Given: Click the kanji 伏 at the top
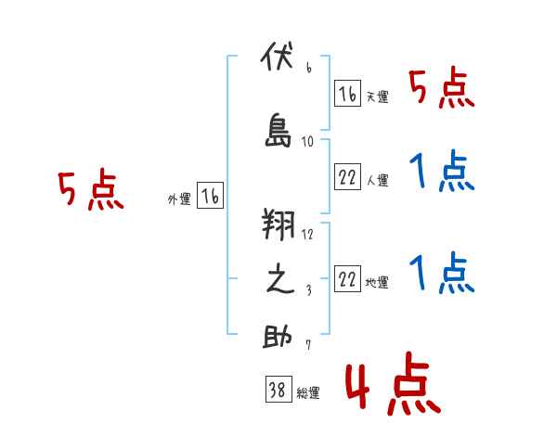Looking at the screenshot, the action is [278, 56].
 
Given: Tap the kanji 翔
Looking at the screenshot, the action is [278, 224].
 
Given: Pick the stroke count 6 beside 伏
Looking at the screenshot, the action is [309, 68].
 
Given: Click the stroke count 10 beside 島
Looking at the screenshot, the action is [307, 142].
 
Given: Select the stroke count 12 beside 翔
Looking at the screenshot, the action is [307, 235].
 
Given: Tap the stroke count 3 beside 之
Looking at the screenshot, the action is [309, 290].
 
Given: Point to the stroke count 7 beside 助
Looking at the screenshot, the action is [308, 344].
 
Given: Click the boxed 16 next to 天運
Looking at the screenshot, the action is [347, 94].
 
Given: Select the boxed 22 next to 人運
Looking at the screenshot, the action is [347, 176].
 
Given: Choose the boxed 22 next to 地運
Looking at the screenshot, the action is [347, 278].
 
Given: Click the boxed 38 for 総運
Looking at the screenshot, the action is [278, 389].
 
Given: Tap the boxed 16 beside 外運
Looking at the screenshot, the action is [211, 196].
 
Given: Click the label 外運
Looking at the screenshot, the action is [179, 199].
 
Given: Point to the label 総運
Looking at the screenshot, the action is [308, 393].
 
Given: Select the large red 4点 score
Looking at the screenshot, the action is [394, 383].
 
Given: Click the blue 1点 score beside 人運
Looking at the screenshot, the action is [442, 171].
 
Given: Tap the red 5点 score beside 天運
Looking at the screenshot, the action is [442, 88].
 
